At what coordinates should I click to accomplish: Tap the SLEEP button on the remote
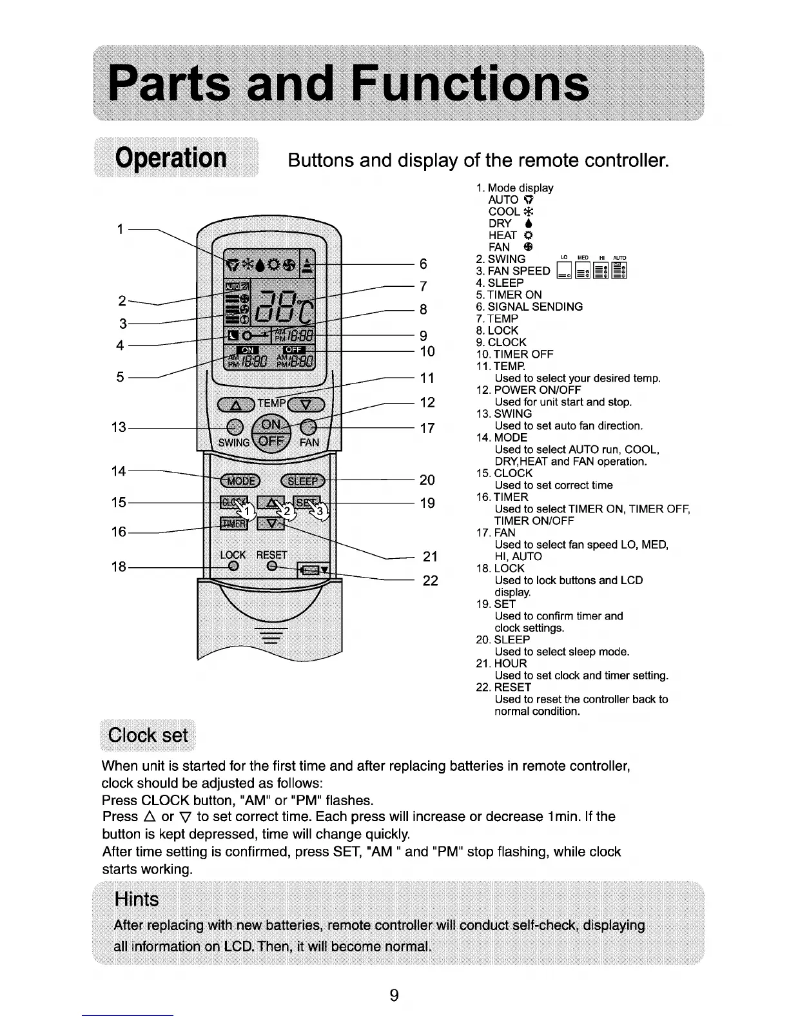click(x=303, y=481)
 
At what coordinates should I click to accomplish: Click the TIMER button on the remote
click(x=234, y=523)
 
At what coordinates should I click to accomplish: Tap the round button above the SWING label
click(x=235, y=427)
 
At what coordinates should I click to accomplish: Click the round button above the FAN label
click(x=309, y=427)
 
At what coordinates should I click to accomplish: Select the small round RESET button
click(x=272, y=566)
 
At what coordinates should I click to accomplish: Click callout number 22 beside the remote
click(x=430, y=581)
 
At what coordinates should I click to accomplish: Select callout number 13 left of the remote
click(x=119, y=427)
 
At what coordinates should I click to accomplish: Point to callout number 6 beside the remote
click(x=424, y=264)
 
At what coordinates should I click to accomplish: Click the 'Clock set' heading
click(x=148, y=735)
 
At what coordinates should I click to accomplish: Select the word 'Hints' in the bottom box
click(x=136, y=899)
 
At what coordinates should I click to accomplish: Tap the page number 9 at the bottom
click(x=394, y=995)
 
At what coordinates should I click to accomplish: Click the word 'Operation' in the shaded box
click(x=171, y=158)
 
